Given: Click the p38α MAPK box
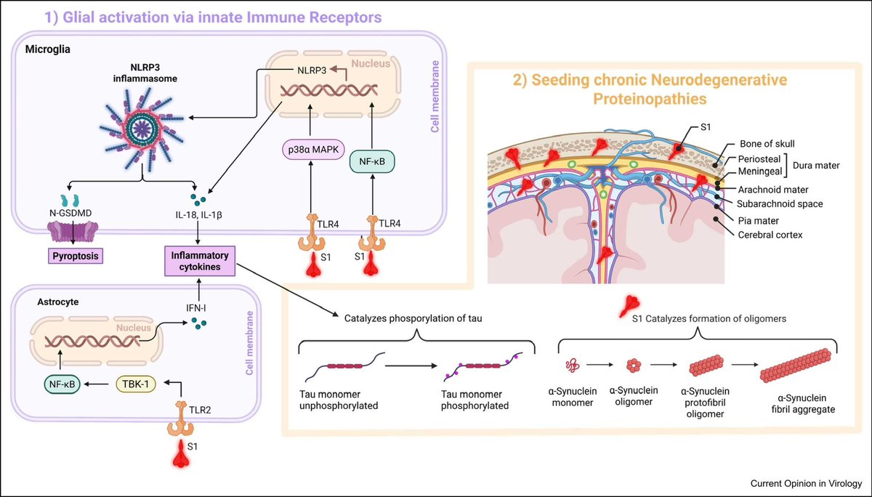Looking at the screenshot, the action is pos(313,150).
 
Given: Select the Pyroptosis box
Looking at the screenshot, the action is pos(76,256).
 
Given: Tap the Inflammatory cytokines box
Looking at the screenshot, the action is pos(200,261).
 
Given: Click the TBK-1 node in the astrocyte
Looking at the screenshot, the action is pos(136,384).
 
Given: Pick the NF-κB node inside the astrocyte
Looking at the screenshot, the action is pos(62,384).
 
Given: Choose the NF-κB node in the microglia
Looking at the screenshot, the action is pos(372,161).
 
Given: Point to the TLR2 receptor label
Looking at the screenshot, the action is pos(200,410).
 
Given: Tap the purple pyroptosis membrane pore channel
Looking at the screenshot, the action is pos(73,232).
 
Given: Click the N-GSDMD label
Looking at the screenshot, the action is pos(70,213).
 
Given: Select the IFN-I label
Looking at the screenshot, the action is pos(195,308).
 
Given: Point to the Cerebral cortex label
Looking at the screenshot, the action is pos(770,235).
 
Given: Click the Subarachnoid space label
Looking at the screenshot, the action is pos(780,203).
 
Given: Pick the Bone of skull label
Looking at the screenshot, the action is pos(767,144).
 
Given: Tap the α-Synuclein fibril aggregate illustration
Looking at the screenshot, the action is pos(796,365).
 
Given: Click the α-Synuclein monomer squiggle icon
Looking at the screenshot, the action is pos(573,365).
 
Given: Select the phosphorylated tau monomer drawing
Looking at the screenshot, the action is pos(483,366).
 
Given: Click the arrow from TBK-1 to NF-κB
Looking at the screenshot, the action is pos(96,384).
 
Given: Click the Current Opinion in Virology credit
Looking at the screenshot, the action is pos(806,483).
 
